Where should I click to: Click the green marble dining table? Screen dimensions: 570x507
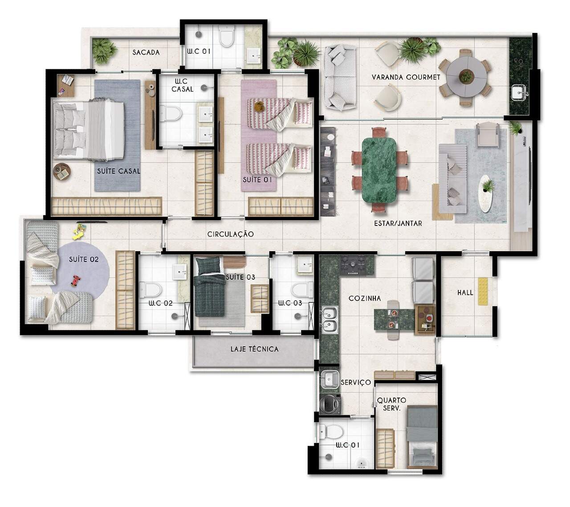coord(379,170)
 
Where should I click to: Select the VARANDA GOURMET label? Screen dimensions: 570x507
coord(406,77)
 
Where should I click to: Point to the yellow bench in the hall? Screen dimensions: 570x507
coord(483,291)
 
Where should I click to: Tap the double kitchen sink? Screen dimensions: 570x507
coord(330,320)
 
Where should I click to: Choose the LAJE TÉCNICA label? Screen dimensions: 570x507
coord(254,349)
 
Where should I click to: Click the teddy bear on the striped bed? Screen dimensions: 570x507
coord(259,107)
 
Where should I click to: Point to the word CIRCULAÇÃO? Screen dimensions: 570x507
coord(230,234)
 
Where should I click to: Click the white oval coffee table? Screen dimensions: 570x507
coord(485,193)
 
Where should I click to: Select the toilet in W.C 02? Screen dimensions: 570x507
coord(150,290)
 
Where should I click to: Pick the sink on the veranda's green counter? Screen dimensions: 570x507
coord(519,93)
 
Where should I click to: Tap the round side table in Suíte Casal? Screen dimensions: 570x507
coord(62,172)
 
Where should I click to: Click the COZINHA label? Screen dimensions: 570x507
coord(365,298)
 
